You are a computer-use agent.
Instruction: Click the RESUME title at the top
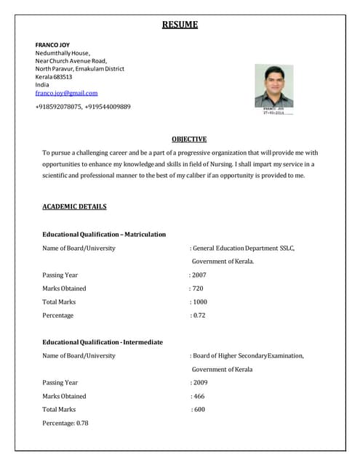point(180,25)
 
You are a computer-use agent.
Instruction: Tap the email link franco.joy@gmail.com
point(66,93)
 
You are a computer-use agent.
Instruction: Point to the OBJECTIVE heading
point(189,139)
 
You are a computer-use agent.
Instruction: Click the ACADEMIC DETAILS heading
point(74,206)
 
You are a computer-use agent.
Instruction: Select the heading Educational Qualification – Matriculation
point(104,235)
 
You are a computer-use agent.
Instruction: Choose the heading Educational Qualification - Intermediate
point(103,341)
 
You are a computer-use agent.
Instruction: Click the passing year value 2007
point(198,275)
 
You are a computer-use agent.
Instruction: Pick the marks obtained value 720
point(196,288)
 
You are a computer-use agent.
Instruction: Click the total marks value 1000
point(200,302)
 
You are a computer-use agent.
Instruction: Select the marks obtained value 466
point(199,396)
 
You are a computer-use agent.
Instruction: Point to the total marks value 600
point(199,410)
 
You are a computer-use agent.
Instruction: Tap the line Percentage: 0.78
point(65,423)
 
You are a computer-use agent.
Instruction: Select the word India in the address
point(42,85)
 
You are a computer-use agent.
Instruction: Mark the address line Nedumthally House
point(63,53)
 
